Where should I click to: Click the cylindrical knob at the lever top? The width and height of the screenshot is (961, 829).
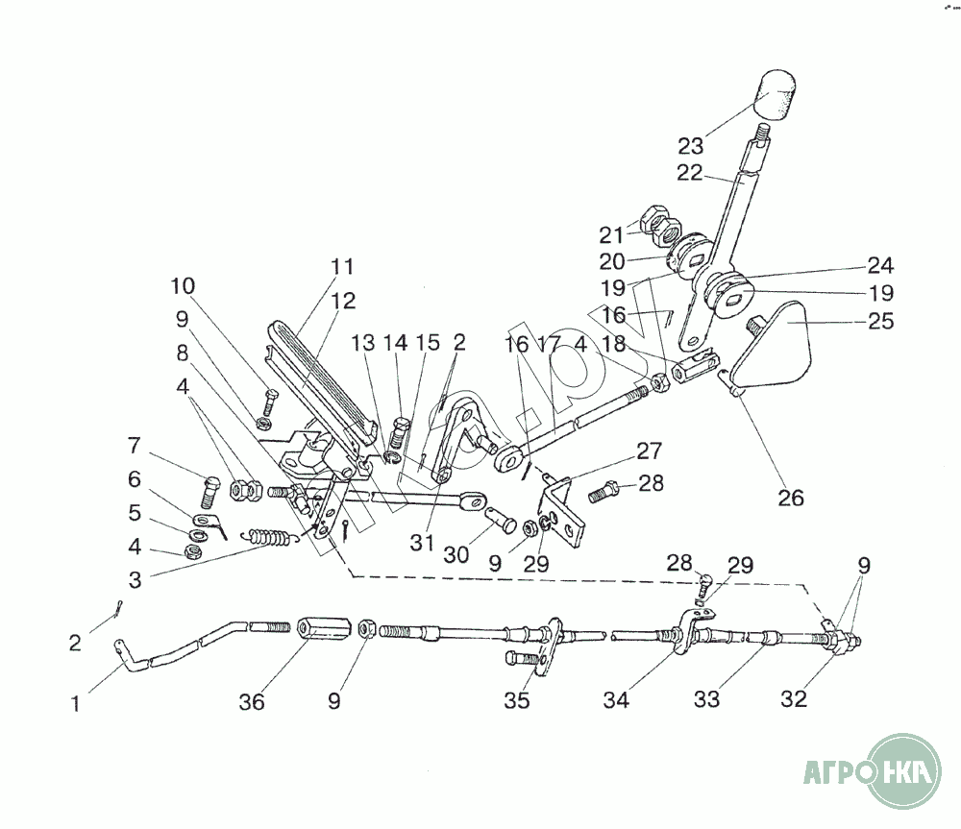click(x=776, y=95)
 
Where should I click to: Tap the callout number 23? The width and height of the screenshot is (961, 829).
click(x=690, y=147)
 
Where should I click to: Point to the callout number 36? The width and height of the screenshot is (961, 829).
click(x=251, y=702)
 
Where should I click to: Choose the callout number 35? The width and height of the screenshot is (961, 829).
click(x=516, y=701)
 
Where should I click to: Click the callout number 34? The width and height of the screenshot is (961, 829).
click(x=616, y=701)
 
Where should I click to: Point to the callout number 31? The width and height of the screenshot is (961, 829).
click(x=422, y=543)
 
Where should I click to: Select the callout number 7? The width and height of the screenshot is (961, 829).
click(x=135, y=446)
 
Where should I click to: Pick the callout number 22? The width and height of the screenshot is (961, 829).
click(x=690, y=173)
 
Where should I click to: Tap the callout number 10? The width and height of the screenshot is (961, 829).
click(x=183, y=285)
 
